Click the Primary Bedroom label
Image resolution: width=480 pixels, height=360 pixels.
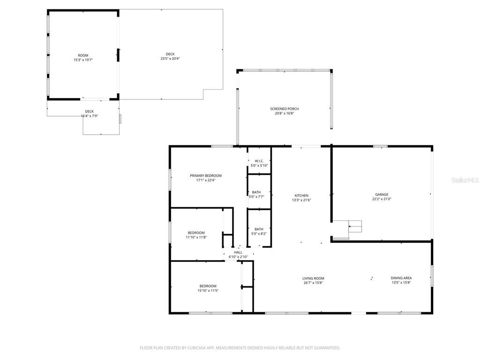[x=206, y=176]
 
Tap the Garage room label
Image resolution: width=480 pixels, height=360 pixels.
[x=382, y=195]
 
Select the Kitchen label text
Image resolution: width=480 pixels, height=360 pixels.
[x=301, y=195]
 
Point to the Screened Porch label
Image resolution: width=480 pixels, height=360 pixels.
[x=285, y=109]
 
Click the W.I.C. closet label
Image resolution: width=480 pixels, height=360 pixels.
[x=259, y=161]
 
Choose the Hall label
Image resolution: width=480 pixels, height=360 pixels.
[x=238, y=253]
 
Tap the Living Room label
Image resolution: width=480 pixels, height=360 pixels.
[x=313, y=278]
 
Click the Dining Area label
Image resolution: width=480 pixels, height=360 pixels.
[x=401, y=278]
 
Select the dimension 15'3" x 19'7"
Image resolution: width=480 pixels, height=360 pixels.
[x=83, y=60]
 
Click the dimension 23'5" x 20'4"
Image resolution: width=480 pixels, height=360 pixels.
[x=170, y=59]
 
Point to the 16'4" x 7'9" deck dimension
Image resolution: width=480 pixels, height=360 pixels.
[x=90, y=116]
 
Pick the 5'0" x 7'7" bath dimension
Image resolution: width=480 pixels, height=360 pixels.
[x=256, y=197]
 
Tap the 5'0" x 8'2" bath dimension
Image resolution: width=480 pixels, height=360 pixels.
[x=259, y=233]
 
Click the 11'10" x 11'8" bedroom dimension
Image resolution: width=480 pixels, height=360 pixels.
[x=196, y=237]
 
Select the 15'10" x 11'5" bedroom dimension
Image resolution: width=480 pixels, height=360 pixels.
[x=208, y=291]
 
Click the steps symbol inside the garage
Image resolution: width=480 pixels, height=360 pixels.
[x=355, y=226]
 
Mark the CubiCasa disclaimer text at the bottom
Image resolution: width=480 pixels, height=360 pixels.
[x=240, y=348]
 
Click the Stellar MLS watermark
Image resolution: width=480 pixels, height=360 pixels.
[x=465, y=180]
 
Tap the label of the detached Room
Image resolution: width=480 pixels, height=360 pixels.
[x=83, y=55]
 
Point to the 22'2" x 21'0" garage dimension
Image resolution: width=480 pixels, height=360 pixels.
[x=382, y=199]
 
